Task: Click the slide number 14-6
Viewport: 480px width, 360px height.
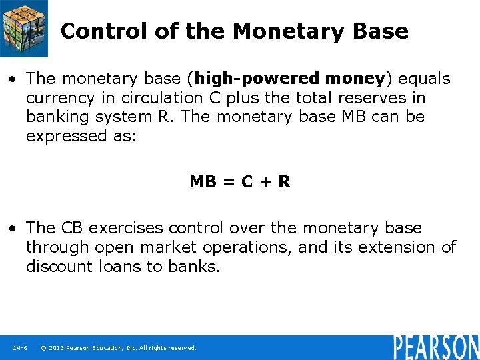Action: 19,347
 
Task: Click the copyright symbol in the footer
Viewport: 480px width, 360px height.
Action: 43,347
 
